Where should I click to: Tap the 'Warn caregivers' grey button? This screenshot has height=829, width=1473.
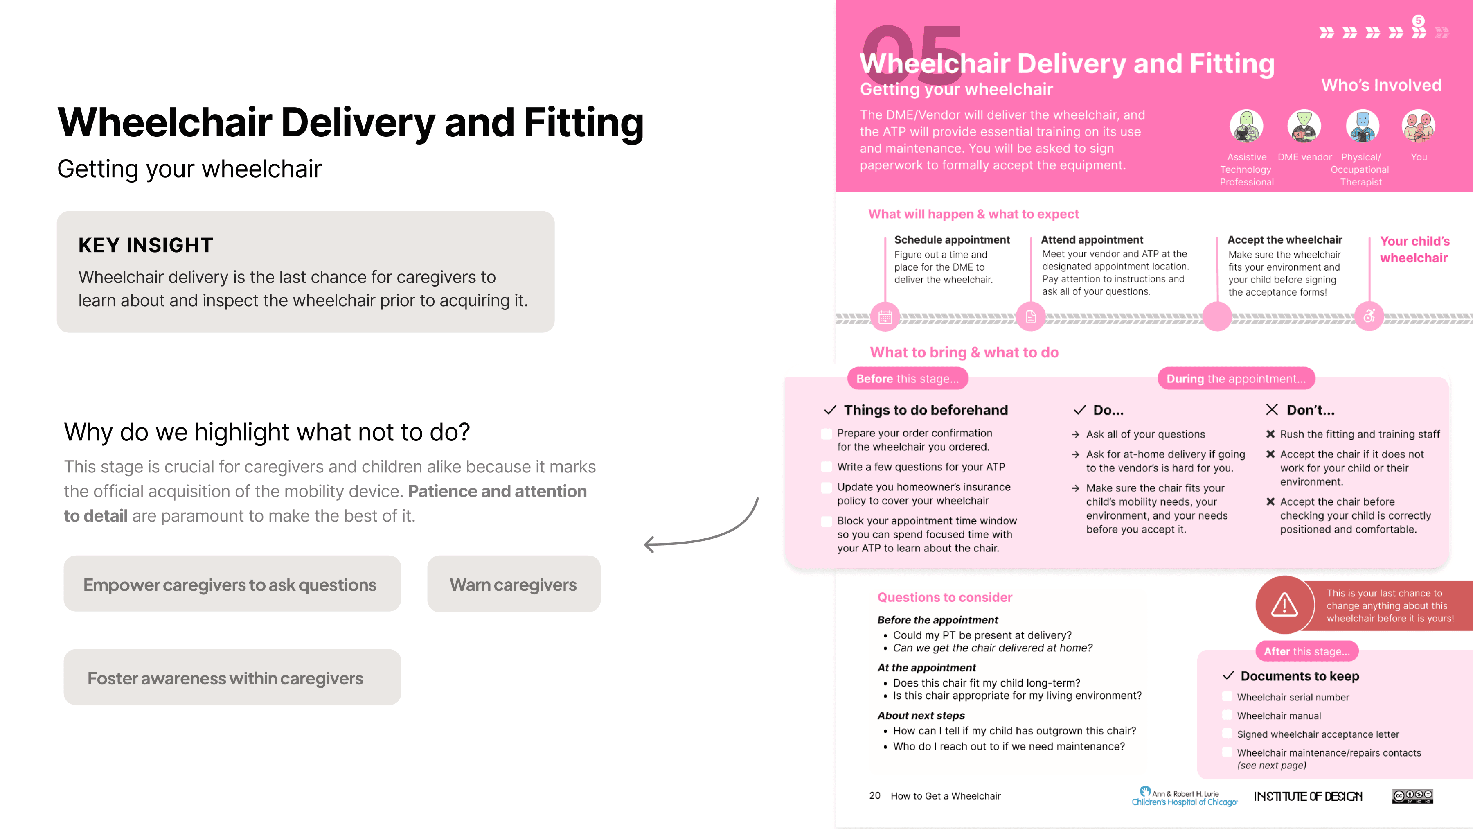(x=514, y=584)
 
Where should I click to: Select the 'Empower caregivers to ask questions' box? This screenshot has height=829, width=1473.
(x=232, y=584)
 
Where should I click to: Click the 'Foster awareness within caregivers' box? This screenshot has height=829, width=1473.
(x=232, y=678)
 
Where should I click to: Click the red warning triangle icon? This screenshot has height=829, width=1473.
(x=1284, y=605)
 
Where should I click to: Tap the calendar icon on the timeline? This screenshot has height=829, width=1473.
(x=885, y=317)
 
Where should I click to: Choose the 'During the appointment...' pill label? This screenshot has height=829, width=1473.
(x=1236, y=379)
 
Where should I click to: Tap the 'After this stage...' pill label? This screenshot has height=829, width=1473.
(x=1306, y=651)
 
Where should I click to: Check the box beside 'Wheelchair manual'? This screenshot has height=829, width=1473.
(x=1227, y=715)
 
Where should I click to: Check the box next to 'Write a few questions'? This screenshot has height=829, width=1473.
(x=826, y=467)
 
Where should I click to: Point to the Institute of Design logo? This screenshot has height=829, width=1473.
(x=1308, y=796)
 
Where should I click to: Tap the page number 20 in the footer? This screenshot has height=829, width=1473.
(x=875, y=796)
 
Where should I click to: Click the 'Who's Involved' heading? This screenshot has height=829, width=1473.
(x=1381, y=85)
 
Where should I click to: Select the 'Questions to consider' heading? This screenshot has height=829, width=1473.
(x=945, y=597)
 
